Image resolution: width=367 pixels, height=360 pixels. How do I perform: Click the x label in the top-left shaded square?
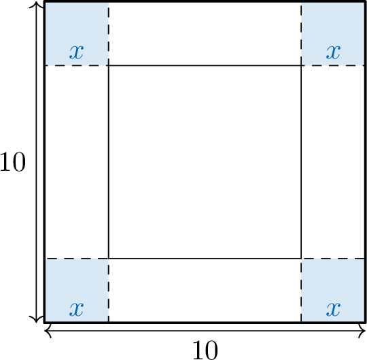pyautogui.click(x=76, y=52)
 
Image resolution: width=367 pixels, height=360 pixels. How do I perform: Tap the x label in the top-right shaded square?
pyautogui.click(x=333, y=52)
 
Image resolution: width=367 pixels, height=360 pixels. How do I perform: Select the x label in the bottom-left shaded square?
pyautogui.click(x=76, y=310)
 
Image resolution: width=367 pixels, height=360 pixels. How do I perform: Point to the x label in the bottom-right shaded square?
pyautogui.click(x=333, y=310)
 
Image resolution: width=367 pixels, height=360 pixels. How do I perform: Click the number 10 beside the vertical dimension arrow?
pyautogui.click(x=13, y=162)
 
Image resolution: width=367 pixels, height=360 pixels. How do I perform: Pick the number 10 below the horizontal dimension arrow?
pyautogui.click(x=205, y=350)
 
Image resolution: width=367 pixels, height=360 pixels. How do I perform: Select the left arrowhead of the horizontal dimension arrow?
pyautogui.click(x=47, y=331)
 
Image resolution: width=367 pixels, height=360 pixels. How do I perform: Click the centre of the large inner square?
pyautogui.click(x=205, y=162)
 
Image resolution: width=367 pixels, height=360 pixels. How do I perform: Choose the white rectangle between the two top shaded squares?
pyautogui.click(x=205, y=34)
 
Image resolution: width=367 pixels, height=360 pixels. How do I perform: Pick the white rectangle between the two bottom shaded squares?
pyautogui.click(x=205, y=291)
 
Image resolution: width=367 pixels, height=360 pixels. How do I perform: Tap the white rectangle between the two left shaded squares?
pyautogui.click(x=77, y=162)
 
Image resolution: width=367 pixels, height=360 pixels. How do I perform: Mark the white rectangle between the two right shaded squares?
pyautogui.click(x=333, y=162)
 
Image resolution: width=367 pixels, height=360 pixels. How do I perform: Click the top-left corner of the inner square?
pyautogui.click(x=109, y=65)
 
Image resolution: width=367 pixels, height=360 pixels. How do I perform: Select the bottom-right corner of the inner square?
pyautogui.click(x=301, y=259)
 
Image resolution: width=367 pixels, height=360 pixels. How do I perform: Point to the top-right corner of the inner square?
pyautogui.click(x=301, y=65)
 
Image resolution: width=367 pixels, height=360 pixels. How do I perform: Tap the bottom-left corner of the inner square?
pyautogui.click(x=109, y=259)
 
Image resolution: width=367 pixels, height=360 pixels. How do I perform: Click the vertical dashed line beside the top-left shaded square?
pyautogui.click(x=109, y=34)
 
